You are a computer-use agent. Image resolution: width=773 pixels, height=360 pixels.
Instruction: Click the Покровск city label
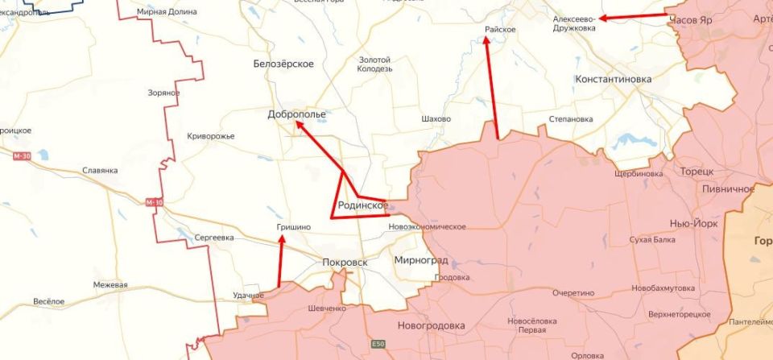pos(344,263)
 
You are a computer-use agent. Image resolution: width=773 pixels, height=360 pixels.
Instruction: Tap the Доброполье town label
pos(296,114)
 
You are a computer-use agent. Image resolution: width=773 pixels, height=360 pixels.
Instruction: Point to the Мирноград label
pos(421,261)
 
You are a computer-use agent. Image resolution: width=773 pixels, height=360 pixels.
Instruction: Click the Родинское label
pos(363,205)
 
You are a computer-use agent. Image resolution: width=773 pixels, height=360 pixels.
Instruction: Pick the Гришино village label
pos(294,229)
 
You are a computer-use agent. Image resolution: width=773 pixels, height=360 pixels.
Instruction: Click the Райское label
pos(499,29)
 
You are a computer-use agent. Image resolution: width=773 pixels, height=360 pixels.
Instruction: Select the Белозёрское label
pos(283,64)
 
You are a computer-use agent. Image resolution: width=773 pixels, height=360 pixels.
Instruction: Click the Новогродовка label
pos(431,325)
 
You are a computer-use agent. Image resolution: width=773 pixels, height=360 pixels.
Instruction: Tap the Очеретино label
pos(573,293)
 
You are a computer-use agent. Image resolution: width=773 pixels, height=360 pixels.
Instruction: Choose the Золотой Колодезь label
pos(374,64)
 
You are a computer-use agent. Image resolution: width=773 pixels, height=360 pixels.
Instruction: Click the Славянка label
pos(100,171)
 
